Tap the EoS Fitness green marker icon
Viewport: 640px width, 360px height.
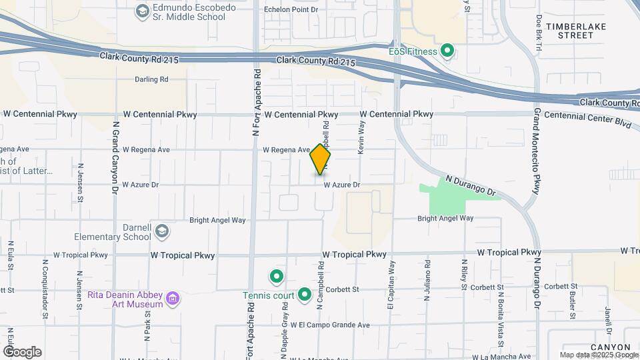(448, 51)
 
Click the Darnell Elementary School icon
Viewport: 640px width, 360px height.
(161, 231)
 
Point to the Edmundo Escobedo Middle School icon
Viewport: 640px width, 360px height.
(142, 11)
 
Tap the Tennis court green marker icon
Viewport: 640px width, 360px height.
(305, 293)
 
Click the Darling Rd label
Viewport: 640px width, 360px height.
(151, 79)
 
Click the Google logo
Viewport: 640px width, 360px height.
(22, 351)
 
